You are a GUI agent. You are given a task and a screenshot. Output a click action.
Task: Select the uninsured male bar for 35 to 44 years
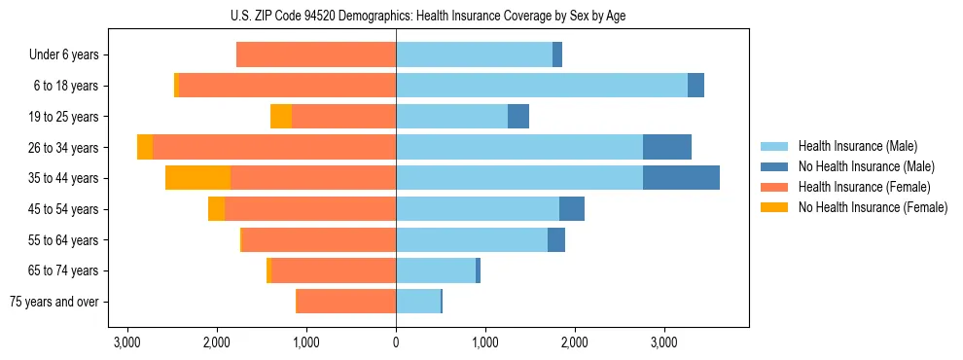pyautogui.click(x=681, y=178)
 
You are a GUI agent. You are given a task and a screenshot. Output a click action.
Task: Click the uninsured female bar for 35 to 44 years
pyautogui.click(x=197, y=178)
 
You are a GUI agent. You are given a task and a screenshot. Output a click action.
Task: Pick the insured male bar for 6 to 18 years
pyautogui.click(x=541, y=86)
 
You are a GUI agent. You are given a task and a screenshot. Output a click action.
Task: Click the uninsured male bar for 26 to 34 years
pyautogui.click(x=667, y=147)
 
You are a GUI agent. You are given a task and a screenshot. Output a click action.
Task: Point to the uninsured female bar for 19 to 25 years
pyautogui.click(x=281, y=117)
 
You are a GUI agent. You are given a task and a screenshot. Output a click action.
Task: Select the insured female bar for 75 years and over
pyautogui.click(x=346, y=302)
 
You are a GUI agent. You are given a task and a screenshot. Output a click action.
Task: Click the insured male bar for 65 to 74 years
pyautogui.click(x=435, y=270)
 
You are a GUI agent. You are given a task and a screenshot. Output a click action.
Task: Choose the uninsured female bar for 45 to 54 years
pyautogui.click(x=216, y=209)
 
